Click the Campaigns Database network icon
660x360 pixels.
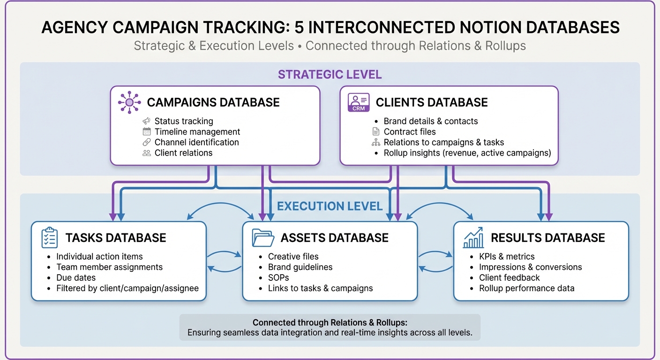[129, 102]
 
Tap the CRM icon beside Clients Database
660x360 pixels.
[358, 102]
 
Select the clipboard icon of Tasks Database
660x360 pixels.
[49, 238]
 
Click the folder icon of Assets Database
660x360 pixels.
[263, 238]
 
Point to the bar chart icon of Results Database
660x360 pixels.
[473, 238]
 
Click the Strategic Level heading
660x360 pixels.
[330, 75]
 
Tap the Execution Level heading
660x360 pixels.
[330, 206]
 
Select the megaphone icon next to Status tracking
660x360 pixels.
[147, 121]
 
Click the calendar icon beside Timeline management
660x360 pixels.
[147, 132]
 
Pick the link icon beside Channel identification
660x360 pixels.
[147, 142]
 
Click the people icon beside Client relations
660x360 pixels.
[147, 153]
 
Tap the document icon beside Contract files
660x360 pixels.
[375, 132]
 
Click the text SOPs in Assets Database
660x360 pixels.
[278, 277]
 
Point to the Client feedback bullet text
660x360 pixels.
[509, 277]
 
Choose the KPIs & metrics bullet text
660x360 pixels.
[507, 256]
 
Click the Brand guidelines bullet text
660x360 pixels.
[300, 267]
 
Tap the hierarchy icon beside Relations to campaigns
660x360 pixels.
[375, 142]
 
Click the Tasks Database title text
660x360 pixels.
[116, 238]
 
